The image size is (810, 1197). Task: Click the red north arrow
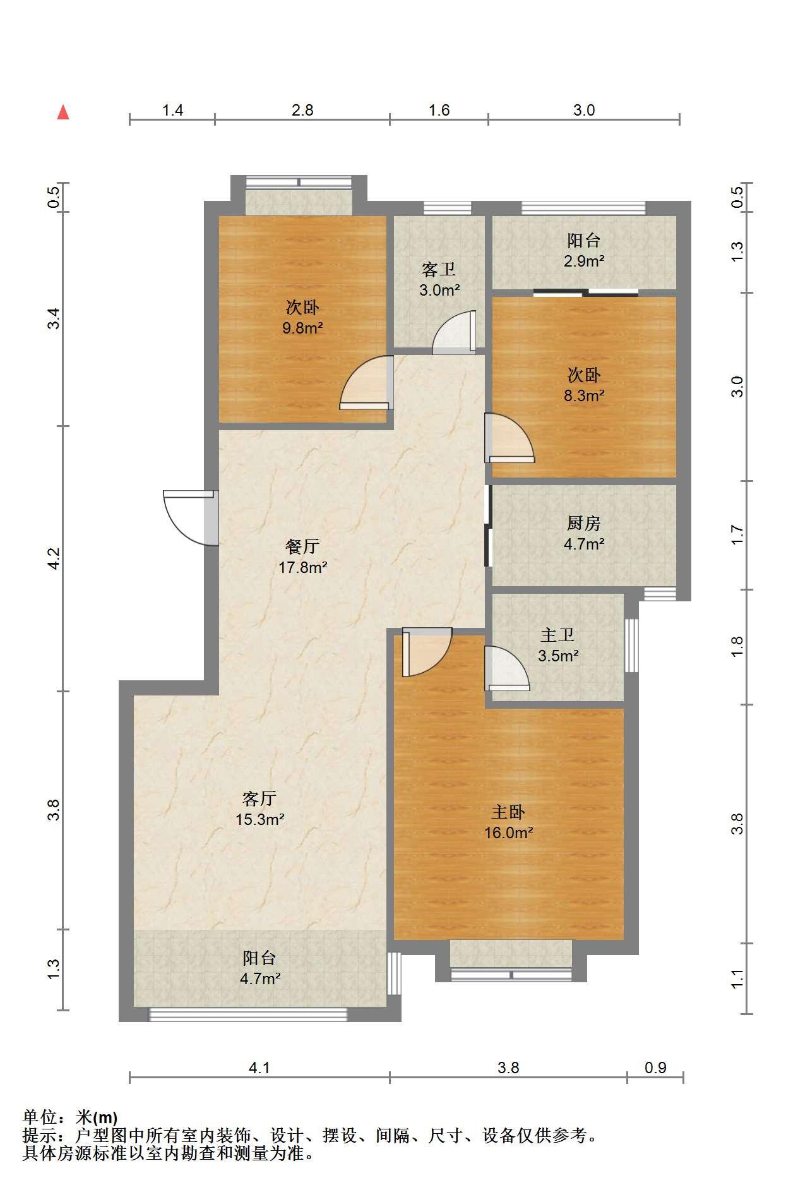(x=63, y=112)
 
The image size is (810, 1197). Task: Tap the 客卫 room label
(x=439, y=270)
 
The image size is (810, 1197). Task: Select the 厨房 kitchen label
(x=584, y=523)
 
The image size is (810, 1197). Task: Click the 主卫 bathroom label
(x=557, y=635)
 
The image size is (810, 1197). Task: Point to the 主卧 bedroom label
(x=508, y=812)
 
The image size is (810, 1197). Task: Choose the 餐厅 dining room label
(x=302, y=546)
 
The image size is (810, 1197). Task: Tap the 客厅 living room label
(x=259, y=798)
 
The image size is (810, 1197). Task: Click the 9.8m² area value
(x=303, y=328)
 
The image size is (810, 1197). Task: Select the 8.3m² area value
(x=584, y=395)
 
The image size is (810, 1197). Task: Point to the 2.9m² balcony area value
(x=584, y=260)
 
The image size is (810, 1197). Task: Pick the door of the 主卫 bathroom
(x=506, y=668)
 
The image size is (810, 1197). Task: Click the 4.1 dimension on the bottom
(x=259, y=1068)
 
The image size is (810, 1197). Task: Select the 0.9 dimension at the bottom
(x=655, y=1068)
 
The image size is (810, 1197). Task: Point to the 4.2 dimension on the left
(x=54, y=558)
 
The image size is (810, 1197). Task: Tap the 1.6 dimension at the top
(x=439, y=110)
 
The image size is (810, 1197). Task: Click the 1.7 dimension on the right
(x=737, y=535)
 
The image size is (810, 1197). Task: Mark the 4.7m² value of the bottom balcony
(x=259, y=978)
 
